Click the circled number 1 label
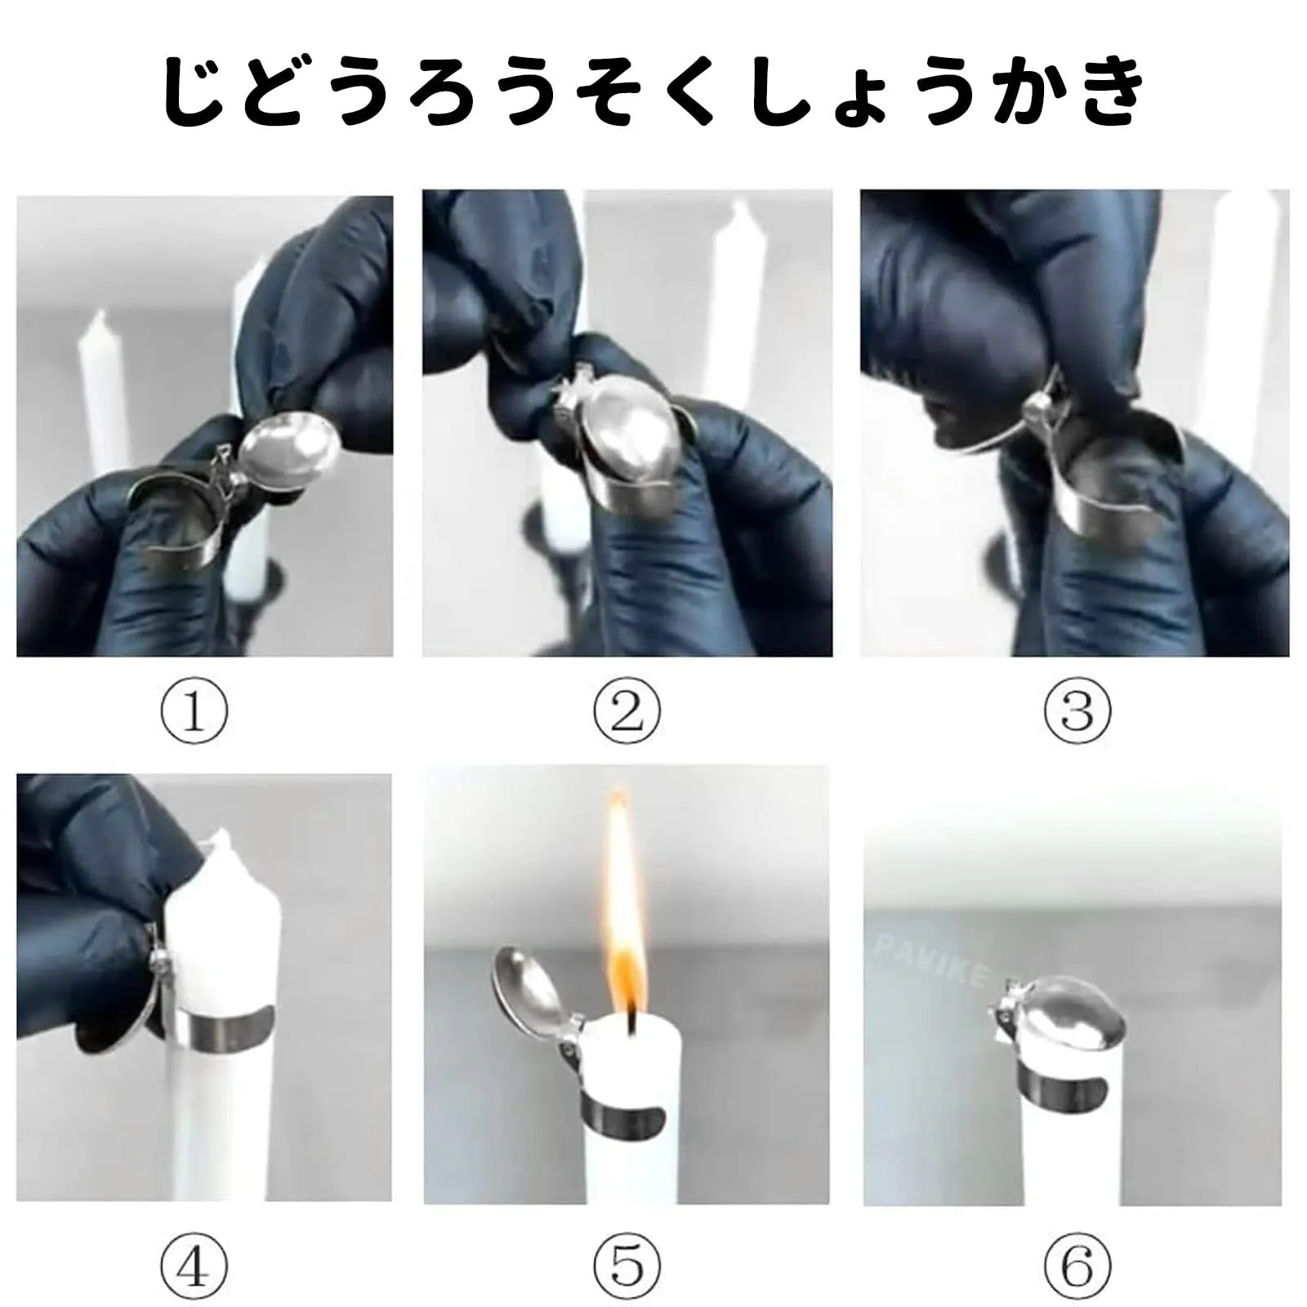point(194,710)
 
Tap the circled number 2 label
point(627,710)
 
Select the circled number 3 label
point(1077,710)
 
